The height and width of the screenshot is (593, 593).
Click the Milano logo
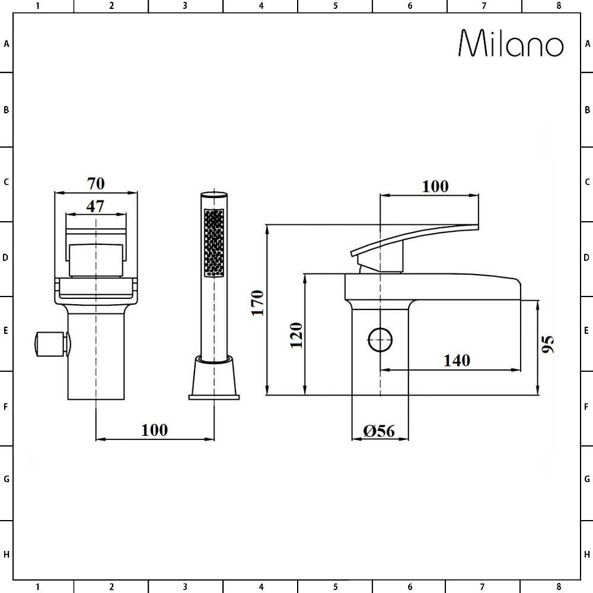click(511, 43)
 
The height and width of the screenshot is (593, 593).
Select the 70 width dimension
click(95, 183)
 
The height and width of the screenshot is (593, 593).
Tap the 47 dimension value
click(95, 206)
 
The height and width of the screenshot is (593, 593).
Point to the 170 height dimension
click(257, 302)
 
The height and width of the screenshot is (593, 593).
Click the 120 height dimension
click(296, 335)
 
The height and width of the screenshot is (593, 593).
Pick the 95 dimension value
click(548, 344)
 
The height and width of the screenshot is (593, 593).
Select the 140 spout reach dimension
click(457, 360)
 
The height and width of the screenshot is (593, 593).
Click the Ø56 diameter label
click(380, 431)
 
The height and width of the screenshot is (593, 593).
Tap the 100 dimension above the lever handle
click(435, 186)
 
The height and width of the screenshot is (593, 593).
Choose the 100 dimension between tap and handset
click(154, 429)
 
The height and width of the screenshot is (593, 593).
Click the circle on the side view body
click(380, 340)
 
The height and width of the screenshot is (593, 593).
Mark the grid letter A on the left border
click(7, 44)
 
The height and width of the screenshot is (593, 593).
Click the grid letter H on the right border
click(587, 554)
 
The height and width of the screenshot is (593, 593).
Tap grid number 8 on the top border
click(558, 6)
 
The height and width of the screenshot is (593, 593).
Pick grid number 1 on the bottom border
click(37, 587)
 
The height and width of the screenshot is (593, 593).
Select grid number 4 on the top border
click(261, 6)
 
